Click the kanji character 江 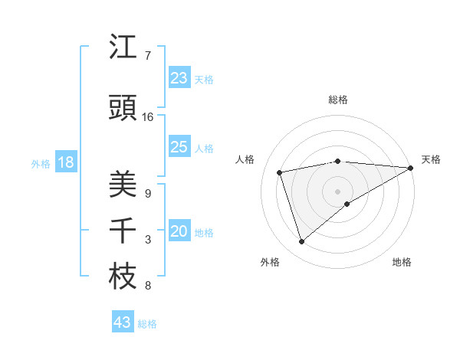click(123, 47)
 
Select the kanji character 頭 click(123, 110)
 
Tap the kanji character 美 click(123, 185)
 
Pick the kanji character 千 click(123, 231)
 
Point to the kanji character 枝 click(123, 277)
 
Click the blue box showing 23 click(179, 78)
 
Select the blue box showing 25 click(179, 147)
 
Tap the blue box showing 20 click(179, 232)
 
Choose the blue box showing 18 click(65, 163)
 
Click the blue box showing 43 click(123, 322)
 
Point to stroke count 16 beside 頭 click(148, 117)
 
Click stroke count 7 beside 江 click(147, 56)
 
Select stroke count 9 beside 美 click(147, 193)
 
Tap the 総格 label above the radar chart click(338, 100)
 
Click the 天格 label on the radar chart click(431, 159)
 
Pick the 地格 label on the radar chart click(402, 262)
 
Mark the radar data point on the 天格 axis click(411, 168)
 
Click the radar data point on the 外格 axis click(301, 242)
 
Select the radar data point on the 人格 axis click(280, 172)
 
